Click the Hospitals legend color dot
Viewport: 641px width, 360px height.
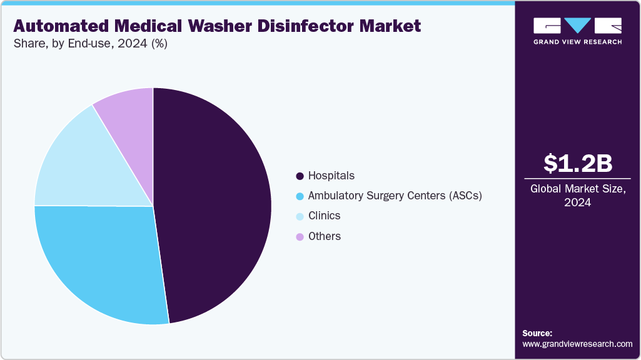[x=300, y=176]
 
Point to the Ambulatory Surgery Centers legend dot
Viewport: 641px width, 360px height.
[x=300, y=196]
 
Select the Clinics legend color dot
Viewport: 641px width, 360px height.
[x=300, y=216]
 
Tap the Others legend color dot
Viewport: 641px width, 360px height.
[x=300, y=236]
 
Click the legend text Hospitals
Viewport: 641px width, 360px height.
[x=331, y=176]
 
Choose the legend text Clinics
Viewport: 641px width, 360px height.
[x=325, y=216]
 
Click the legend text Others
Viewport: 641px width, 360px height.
[x=325, y=236]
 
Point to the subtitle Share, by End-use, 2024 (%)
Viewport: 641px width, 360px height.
[x=90, y=44]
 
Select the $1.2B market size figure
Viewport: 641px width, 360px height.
[x=577, y=163]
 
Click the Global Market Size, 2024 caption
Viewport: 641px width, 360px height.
[x=577, y=195]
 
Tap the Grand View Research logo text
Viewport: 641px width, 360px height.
[x=577, y=42]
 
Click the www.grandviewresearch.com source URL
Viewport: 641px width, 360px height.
[x=577, y=344]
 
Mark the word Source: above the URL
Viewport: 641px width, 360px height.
[x=537, y=333]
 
